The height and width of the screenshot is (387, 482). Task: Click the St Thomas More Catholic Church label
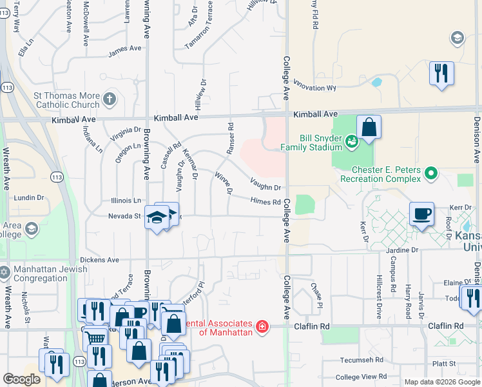point(66,100)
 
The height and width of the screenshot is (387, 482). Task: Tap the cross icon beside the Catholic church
point(110,99)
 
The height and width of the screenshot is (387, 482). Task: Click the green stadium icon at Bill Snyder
point(351,139)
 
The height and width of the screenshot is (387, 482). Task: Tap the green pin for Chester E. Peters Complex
point(431,174)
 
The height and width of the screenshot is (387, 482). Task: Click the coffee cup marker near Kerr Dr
point(421,214)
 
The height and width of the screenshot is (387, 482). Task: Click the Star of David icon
point(5,273)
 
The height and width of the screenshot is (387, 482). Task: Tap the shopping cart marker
point(95,337)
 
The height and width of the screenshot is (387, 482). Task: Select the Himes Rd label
point(265,202)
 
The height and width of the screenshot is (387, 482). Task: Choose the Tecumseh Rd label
point(363,361)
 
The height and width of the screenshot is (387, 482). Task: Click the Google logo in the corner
point(21,379)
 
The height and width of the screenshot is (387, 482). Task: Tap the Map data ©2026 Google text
point(441,382)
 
